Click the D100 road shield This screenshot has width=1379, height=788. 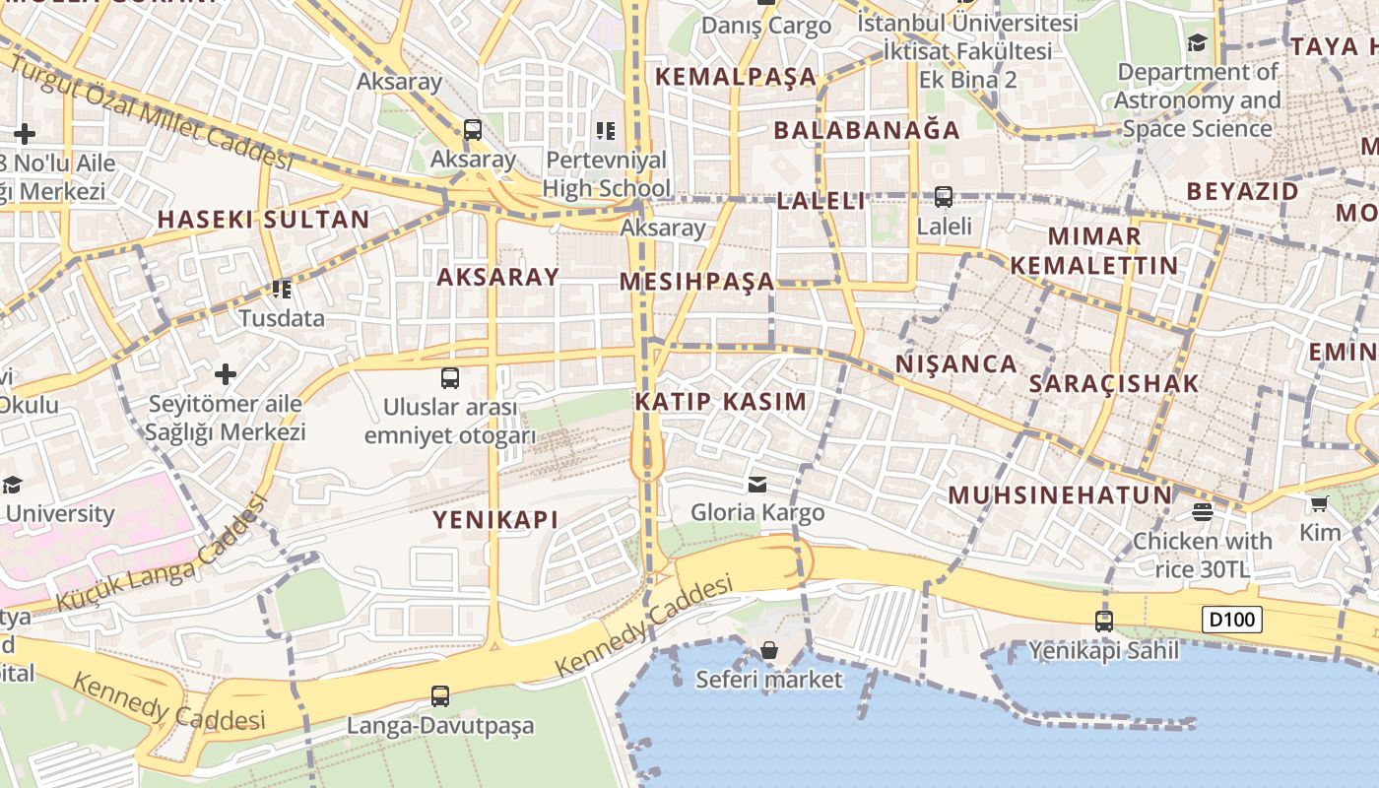coord(1231,620)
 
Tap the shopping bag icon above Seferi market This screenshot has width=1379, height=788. coord(769,650)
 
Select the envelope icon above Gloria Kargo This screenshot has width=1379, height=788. coord(757,484)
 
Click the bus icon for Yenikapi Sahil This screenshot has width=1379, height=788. coord(1104,622)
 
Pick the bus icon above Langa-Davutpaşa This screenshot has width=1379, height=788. coord(440,696)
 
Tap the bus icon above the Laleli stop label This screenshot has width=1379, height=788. coord(944,197)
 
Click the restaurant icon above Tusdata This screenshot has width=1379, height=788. coord(282,290)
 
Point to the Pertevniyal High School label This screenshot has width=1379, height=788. coord(606,173)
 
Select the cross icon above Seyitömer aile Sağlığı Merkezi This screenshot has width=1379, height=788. coord(226,374)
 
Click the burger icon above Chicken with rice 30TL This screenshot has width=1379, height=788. coord(1202,511)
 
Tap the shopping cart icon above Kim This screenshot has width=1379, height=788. coord(1319,504)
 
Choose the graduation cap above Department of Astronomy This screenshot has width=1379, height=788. coord(1197,42)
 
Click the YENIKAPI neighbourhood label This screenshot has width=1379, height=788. coord(495,519)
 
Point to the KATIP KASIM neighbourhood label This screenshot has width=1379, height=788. coord(721,401)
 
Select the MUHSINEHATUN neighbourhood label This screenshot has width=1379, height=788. coord(1061,494)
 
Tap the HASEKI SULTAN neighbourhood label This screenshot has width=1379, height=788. coord(264,219)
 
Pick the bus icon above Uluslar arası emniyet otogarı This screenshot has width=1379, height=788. coord(450,377)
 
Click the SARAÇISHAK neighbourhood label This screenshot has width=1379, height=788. coord(1114,383)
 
